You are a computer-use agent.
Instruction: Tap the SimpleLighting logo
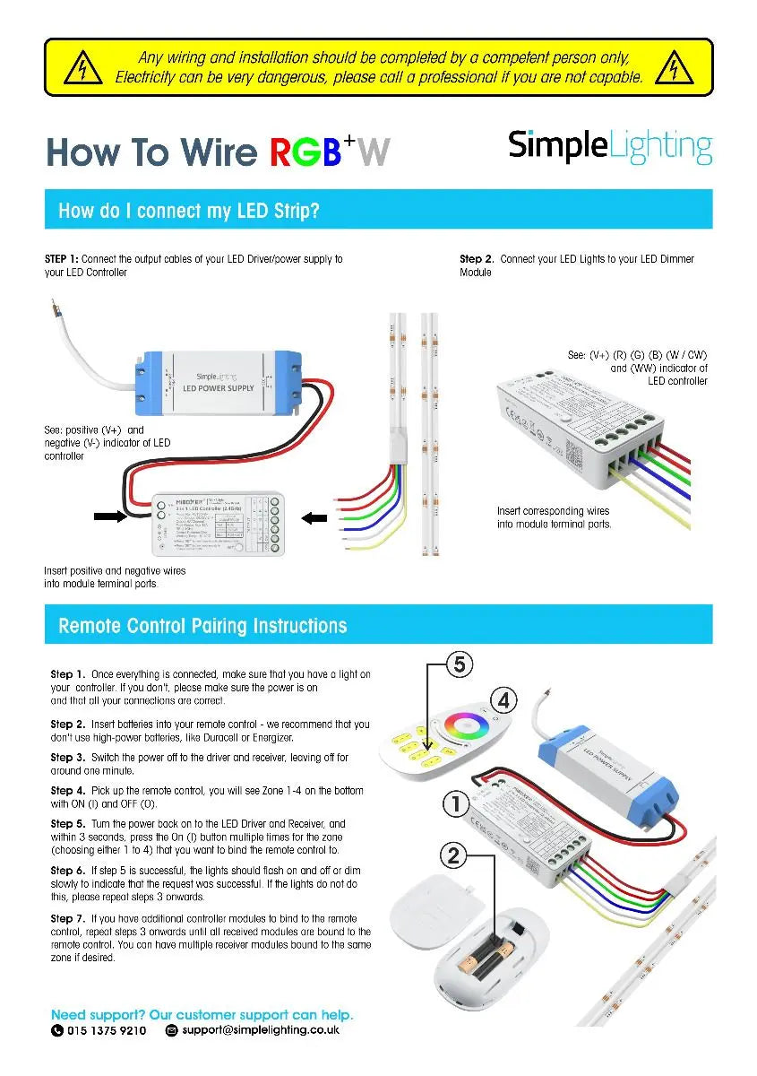click(610, 147)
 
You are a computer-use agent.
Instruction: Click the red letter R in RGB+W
click(285, 152)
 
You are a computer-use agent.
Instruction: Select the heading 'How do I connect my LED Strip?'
click(189, 211)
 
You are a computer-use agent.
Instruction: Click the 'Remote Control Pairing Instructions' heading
click(202, 626)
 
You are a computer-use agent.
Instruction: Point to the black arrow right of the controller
click(316, 516)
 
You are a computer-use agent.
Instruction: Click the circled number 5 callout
click(459, 664)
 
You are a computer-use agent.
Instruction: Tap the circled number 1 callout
click(456, 804)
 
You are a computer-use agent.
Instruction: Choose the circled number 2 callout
click(454, 855)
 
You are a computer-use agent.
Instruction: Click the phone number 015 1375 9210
click(107, 1031)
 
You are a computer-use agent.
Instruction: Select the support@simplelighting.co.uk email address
click(261, 1031)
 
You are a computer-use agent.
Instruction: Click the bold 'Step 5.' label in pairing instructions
click(68, 823)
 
